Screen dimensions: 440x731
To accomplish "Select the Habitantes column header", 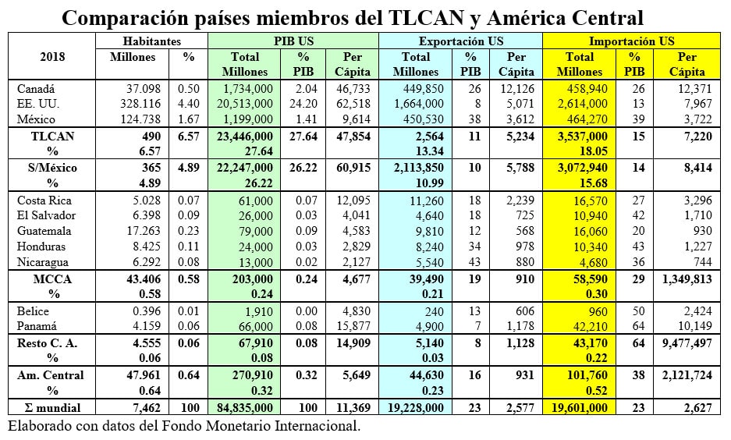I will tap(152, 41).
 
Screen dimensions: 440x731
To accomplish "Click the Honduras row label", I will tap(42, 246).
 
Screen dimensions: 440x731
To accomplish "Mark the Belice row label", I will tap(34, 311).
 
